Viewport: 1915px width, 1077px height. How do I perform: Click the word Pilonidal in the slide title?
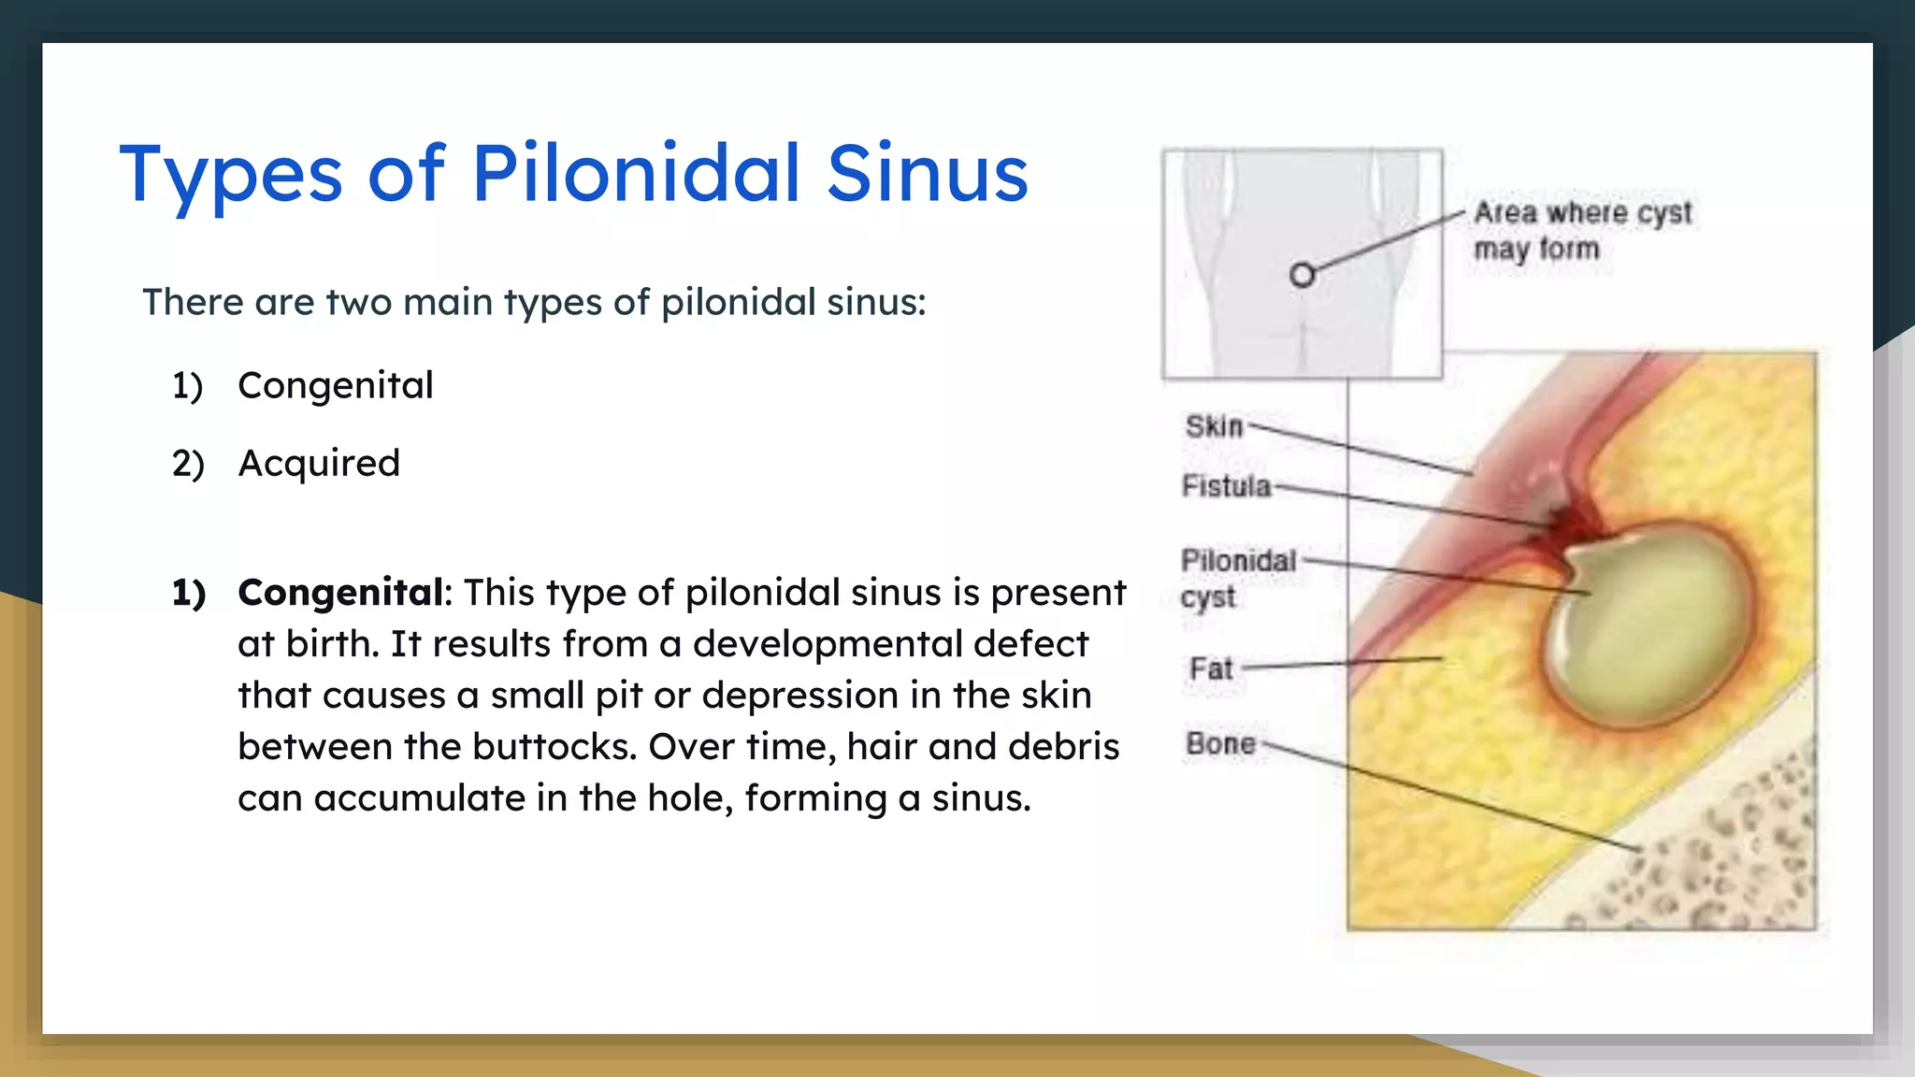(636, 173)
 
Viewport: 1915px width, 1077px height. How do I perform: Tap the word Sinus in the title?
(927, 173)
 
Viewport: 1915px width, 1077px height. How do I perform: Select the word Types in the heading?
(231, 175)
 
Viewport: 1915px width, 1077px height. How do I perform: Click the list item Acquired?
(319, 463)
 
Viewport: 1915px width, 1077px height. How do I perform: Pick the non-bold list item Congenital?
(335, 385)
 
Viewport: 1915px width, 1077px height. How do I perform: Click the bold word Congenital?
(340, 593)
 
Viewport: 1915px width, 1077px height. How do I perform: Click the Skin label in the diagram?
(1214, 426)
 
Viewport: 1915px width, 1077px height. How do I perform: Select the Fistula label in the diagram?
(1226, 486)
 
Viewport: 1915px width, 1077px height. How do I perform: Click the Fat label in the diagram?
(1211, 668)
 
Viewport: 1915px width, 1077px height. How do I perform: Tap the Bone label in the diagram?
(1220, 743)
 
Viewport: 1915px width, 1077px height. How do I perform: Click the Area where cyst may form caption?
(1581, 230)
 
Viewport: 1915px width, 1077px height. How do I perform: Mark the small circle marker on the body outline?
(1302, 275)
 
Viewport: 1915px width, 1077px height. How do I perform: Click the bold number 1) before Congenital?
(188, 593)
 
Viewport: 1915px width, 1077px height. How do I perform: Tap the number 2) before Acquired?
(188, 464)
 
